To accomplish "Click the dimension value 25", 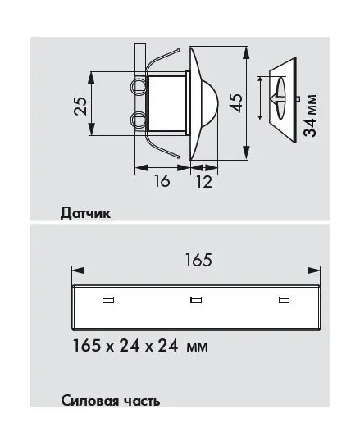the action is click(80, 107).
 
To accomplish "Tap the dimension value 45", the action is click(236, 102).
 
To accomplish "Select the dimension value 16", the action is click(162, 181).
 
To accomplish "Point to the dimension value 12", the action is click(204, 182).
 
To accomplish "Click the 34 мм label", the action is click(310, 116).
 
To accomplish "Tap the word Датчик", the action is click(85, 213).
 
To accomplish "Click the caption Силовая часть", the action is click(111, 401).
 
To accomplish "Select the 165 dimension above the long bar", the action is click(198, 260).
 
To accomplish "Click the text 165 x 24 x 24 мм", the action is click(140, 346).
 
